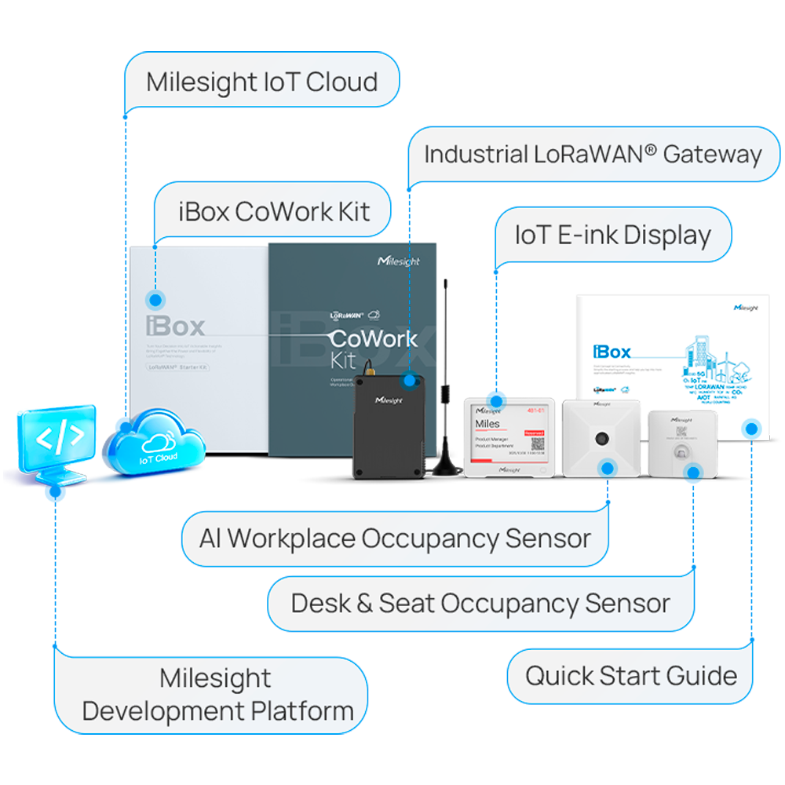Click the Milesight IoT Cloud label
(x=261, y=82)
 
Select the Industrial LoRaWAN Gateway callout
(x=593, y=155)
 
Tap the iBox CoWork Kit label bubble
(x=273, y=211)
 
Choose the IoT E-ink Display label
(x=612, y=235)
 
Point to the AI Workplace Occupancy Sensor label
(x=395, y=539)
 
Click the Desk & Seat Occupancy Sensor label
(x=480, y=604)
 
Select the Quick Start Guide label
(x=630, y=676)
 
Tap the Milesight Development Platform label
(x=217, y=695)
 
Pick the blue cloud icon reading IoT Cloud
(x=158, y=444)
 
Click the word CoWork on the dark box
(x=372, y=340)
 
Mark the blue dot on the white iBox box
(x=156, y=299)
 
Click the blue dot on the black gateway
(x=408, y=380)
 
